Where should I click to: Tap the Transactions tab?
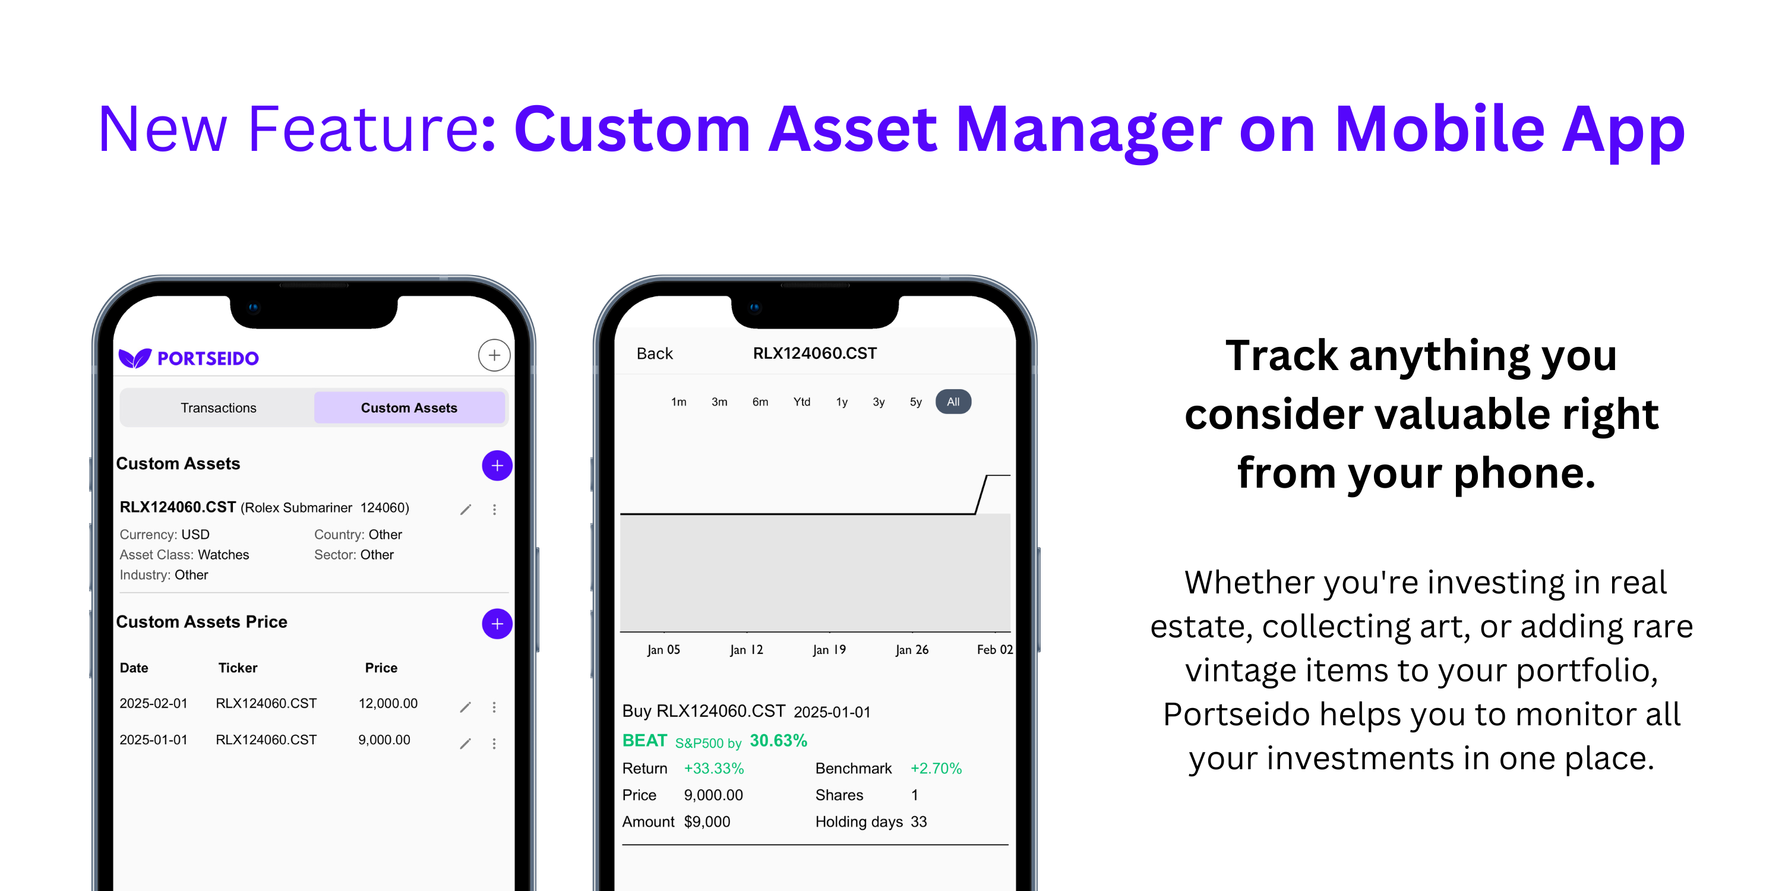pos(218,407)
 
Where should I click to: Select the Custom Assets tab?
pos(409,407)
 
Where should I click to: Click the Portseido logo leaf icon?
pos(134,358)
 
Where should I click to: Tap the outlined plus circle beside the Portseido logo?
pos(494,356)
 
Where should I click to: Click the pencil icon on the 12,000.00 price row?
pos(466,706)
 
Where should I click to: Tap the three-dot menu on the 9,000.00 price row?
pos(494,743)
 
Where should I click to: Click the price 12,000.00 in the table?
pos(387,703)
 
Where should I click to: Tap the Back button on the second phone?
pos(654,353)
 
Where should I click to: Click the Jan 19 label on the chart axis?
pos(829,650)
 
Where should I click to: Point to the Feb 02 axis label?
pos(994,650)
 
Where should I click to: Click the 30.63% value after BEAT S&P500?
pos(778,741)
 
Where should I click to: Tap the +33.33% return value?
pos(713,769)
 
